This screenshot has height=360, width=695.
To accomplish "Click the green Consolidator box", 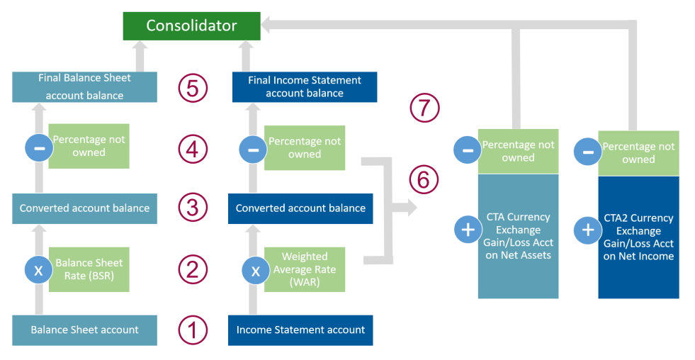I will [191, 26].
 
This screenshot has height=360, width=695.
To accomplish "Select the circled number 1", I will [193, 330].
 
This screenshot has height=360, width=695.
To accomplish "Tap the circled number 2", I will [193, 269].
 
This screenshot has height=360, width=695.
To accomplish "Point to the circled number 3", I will [193, 208].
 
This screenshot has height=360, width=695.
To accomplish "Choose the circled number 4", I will [193, 149].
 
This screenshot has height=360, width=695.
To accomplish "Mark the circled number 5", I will [193, 89].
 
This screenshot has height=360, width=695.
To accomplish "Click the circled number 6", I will [424, 179].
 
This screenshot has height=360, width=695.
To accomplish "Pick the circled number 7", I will [425, 108].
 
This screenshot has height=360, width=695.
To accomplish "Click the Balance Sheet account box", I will [84, 330].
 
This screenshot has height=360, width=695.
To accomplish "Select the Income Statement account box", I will [300, 330].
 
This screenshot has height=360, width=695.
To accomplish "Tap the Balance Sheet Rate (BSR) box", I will [89, 269].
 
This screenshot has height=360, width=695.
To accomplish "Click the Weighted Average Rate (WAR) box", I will [305, 269].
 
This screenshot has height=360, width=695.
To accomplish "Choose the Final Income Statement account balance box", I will [305, 87].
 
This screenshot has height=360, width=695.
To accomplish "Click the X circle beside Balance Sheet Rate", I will [39, 270].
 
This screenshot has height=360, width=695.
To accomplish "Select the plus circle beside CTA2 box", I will [587, 230].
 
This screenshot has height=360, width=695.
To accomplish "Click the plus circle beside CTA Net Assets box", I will [467, 230].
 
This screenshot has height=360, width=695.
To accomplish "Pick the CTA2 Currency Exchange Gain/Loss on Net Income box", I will [638, 237].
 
